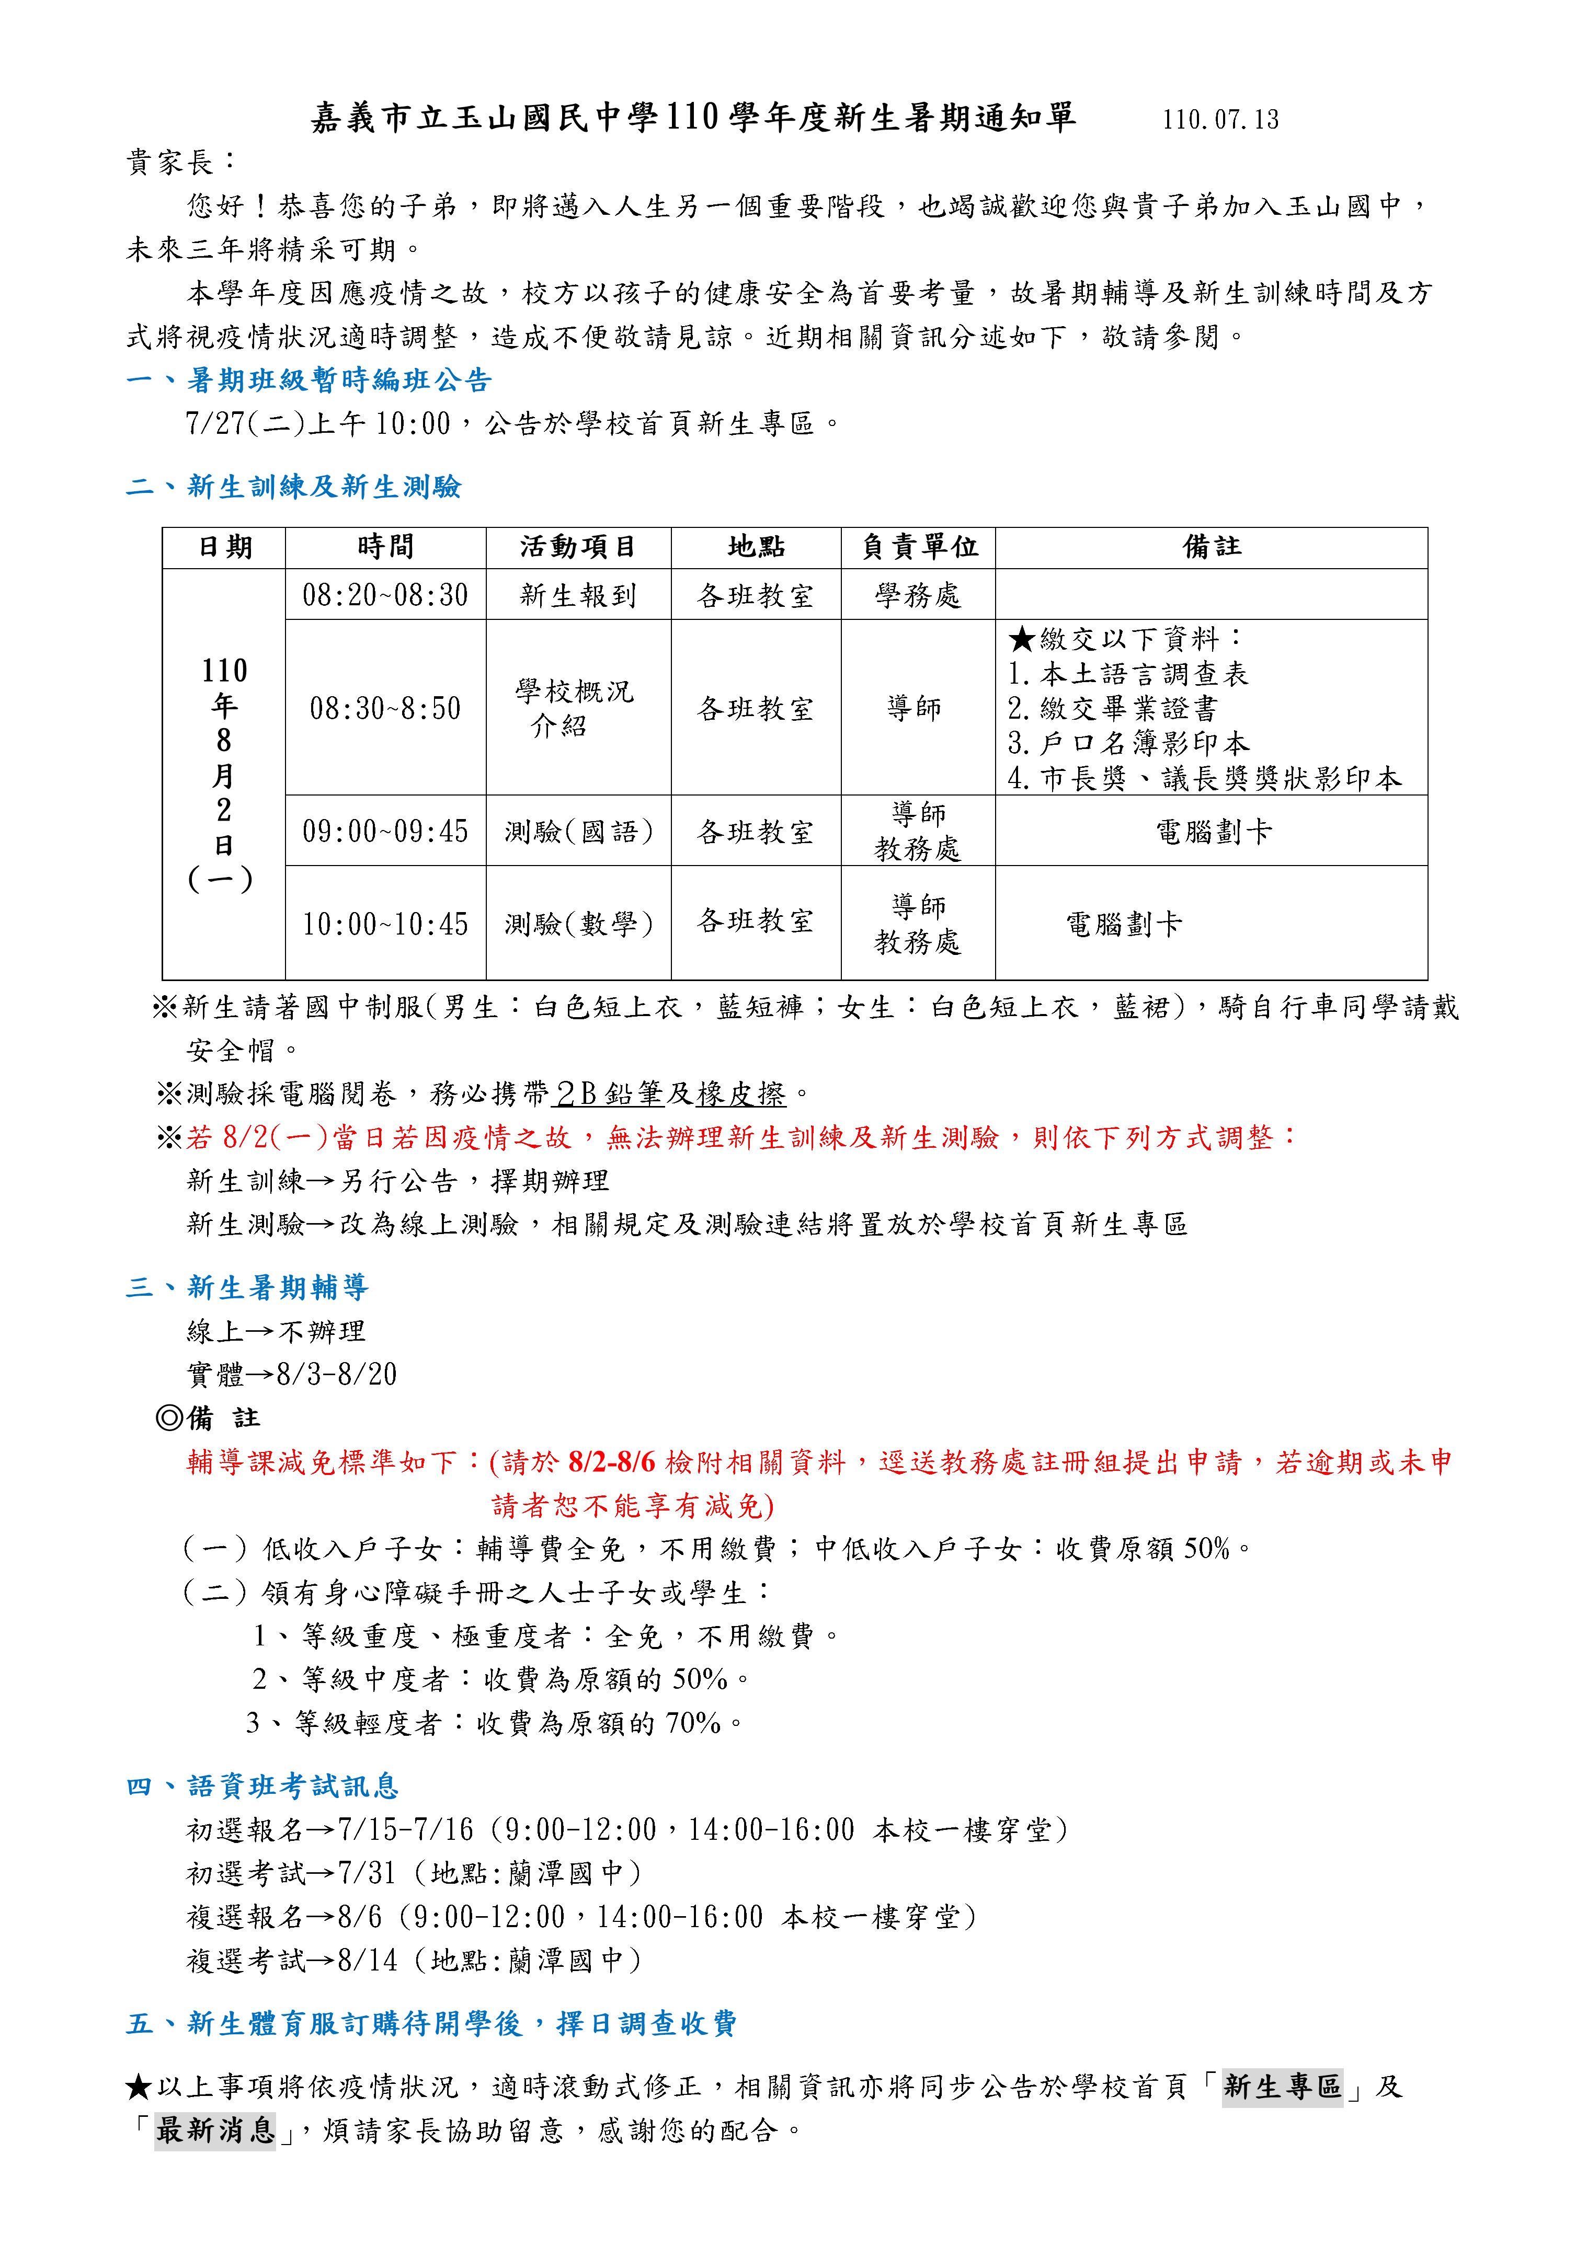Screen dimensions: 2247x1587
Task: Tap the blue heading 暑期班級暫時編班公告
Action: tap(339, 381)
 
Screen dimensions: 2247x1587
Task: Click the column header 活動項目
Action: tap(578, 547)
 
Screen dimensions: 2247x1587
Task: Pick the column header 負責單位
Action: tap(918, 547)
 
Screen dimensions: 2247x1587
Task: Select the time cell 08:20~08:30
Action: tap(385, 595)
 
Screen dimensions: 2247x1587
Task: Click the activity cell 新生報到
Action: tap(578, 595)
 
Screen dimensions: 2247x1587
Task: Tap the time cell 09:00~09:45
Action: tap(385, 832)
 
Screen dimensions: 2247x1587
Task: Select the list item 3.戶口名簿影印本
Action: tap(1128, 744)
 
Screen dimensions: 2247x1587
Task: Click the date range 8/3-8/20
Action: tap(337, 1375)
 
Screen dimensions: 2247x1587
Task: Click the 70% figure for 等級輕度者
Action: tap(692, 1722)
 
